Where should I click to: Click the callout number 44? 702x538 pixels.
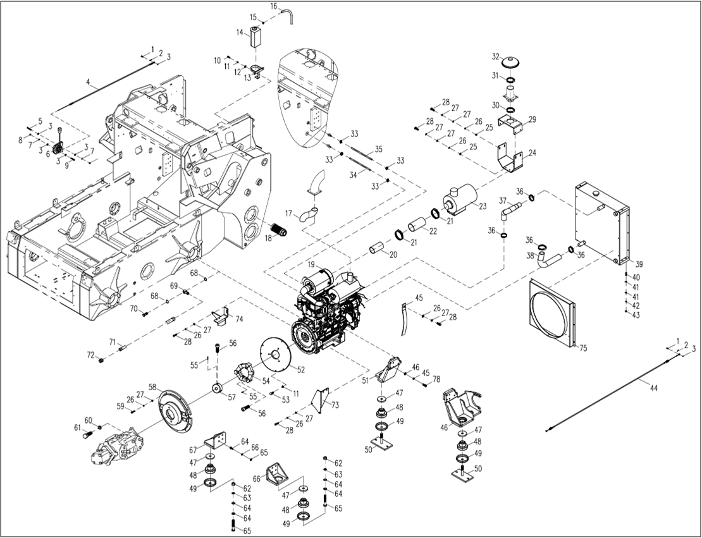[653, 388]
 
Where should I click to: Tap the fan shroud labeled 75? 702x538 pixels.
[551, 313]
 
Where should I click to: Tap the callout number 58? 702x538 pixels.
[152, 387]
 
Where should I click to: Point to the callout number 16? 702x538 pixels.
[274, 6]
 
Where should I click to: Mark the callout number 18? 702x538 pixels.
[268, 238]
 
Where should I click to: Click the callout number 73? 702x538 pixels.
[335, 405]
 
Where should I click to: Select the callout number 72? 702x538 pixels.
[90, 354]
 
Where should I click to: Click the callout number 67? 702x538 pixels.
[193, 450]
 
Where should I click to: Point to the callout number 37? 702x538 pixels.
[503, 201]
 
